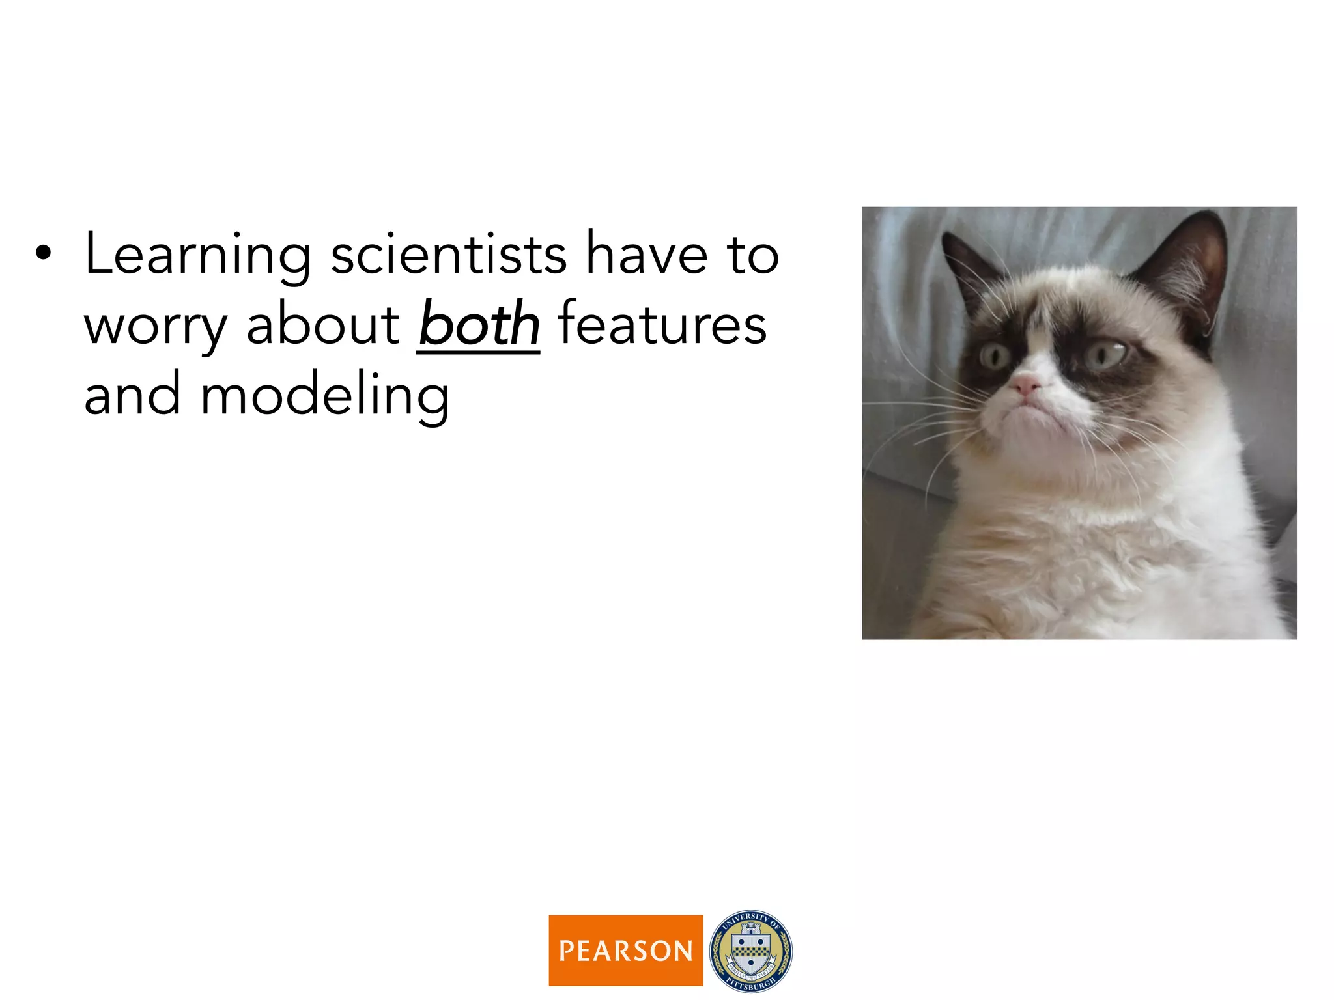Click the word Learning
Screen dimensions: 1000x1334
point(197,255)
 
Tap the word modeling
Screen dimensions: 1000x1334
point(324,396)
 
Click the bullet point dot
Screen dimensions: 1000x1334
point(43,254)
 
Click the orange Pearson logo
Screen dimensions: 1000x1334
point(625,950)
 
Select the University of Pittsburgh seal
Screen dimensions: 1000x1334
point(750,951)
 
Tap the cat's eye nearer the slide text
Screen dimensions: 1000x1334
point(995,355)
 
